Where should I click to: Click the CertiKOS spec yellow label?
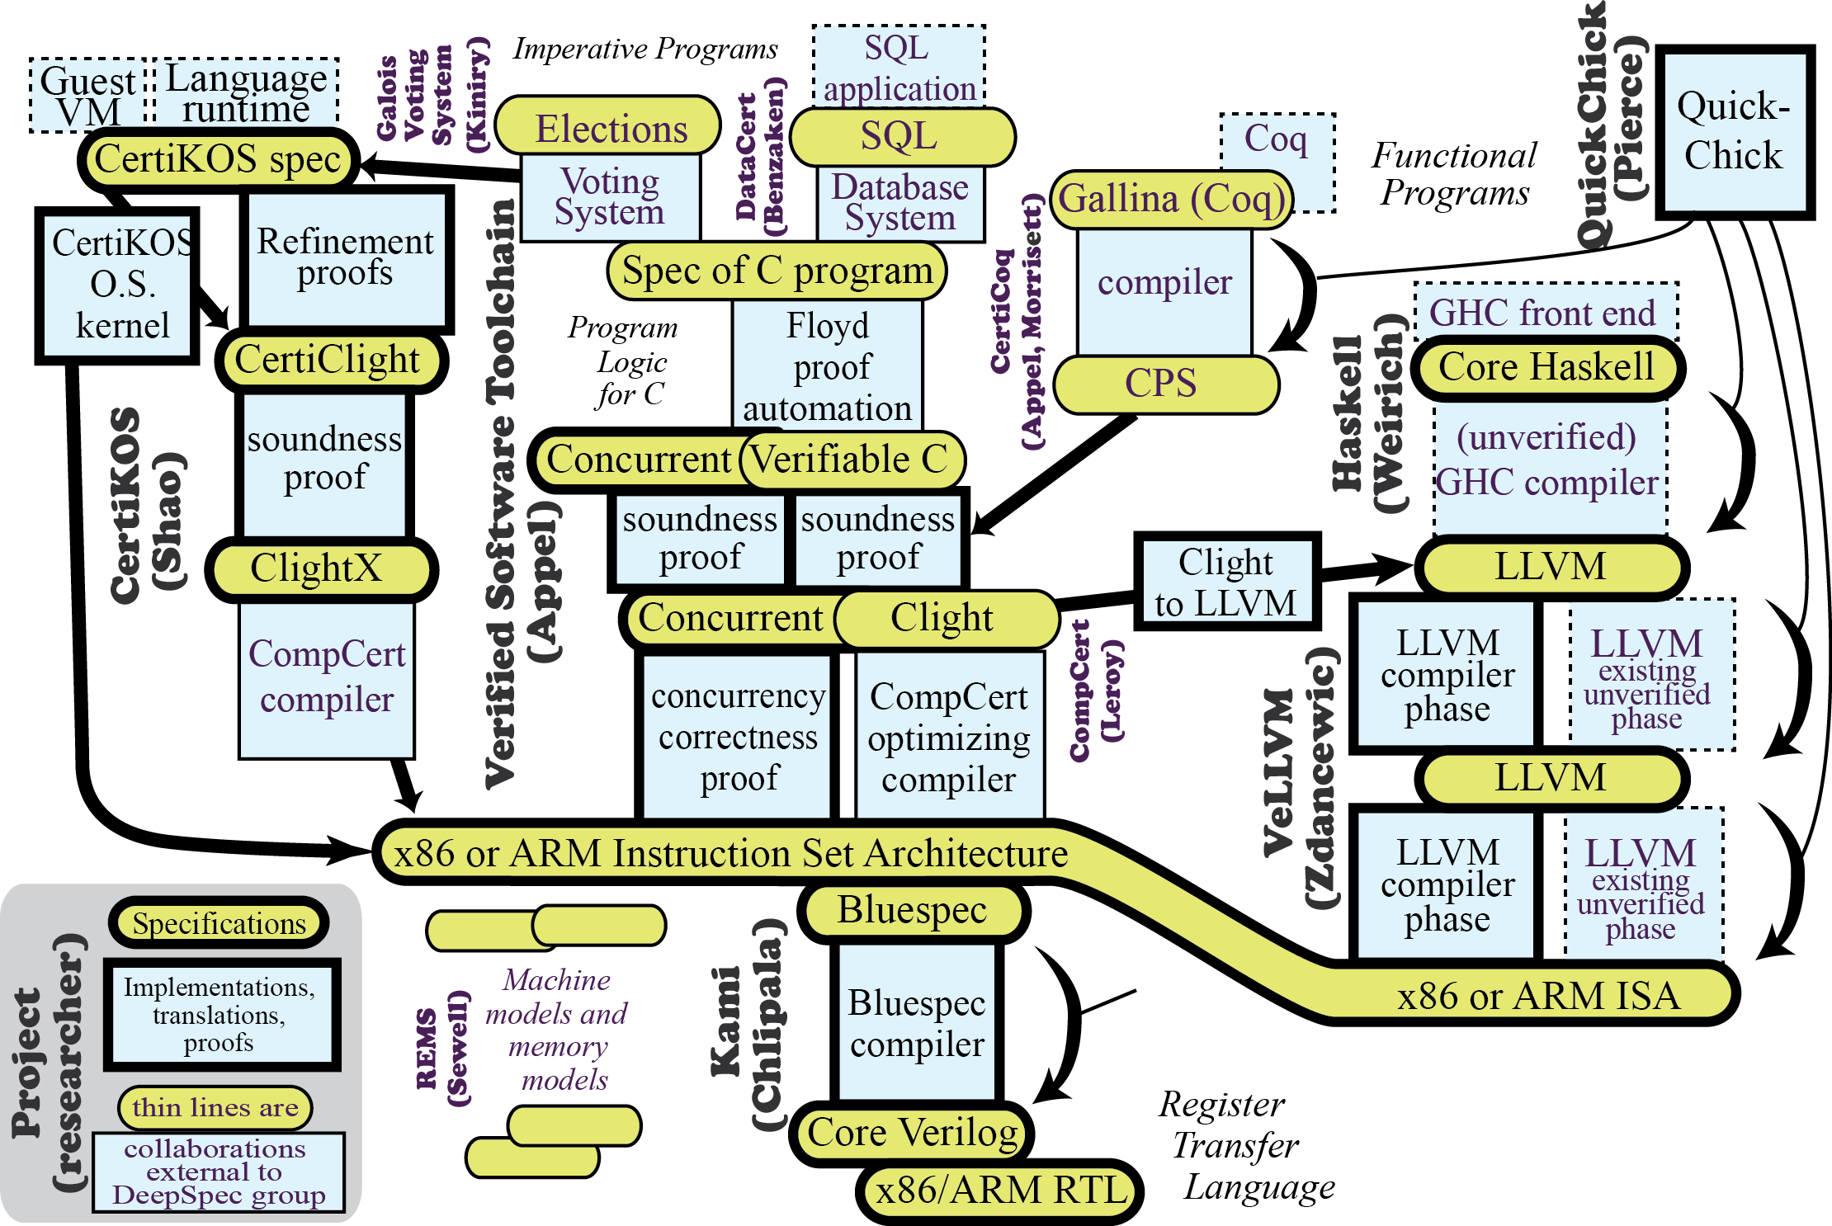[x=218, y=159]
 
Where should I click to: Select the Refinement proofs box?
[x=345, y=258]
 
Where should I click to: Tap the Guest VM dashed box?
[x=87, y=96]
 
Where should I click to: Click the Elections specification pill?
[x=610, y=129]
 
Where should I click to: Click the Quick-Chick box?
[x=1734, y=132]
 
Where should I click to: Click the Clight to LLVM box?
[x=1226, y=582]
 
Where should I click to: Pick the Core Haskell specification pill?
[x=1546, y=367]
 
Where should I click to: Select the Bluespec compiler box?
[x=917, y=1023]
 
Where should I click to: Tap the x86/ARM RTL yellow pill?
[x=1001, y=1191]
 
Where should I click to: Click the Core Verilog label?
[x=912, y=1133]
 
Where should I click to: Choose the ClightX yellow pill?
[x=318, y=568]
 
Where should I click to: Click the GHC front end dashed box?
[x=1542, y=313]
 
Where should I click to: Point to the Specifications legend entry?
[x=219, y=923]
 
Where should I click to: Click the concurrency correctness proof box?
[x=737, y=737]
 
